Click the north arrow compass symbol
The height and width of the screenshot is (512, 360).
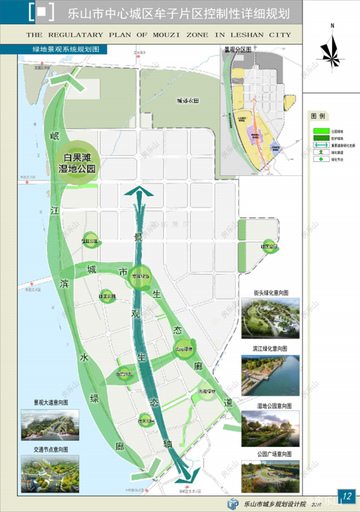tap(331, 47)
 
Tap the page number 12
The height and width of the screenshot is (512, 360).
tap(347, 495)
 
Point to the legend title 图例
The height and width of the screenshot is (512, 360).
tap(318, 115)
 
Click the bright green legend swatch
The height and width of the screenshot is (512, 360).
tap(319, 130)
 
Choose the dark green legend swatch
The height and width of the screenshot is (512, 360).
tap(319, 137)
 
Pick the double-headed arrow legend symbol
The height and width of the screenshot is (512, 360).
tap(319, 145)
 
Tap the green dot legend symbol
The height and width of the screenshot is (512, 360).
tap(319, 160)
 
